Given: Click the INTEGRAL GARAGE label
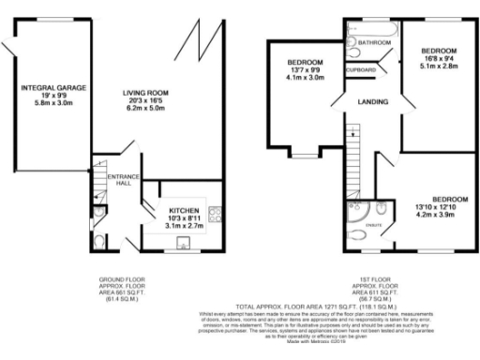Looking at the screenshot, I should point(53,87).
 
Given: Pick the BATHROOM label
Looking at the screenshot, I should point(372,43).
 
